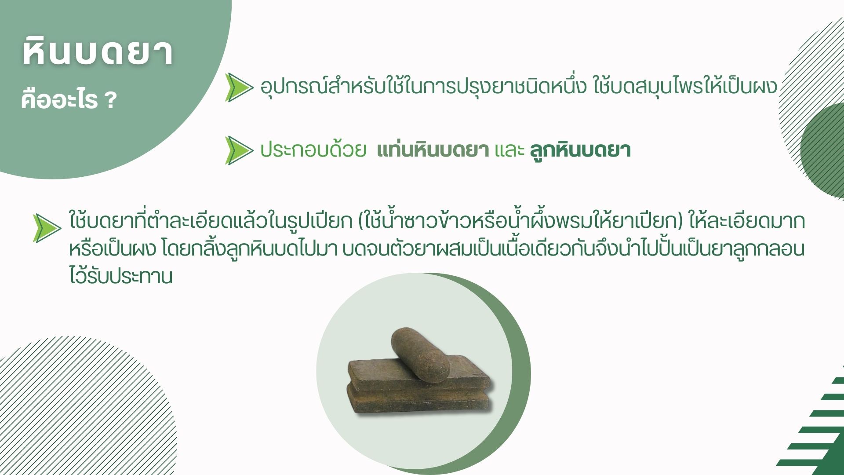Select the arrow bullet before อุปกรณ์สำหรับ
(x=239, y=88)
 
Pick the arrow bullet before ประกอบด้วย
(x=239, y=150)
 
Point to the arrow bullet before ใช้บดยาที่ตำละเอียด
(x=47, y=228)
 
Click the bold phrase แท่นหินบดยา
(x=433, y=150)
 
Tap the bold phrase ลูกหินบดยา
(x=580, y=150)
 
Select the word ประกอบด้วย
(x=313, y=150)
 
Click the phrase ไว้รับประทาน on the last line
(x=120, y=276)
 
